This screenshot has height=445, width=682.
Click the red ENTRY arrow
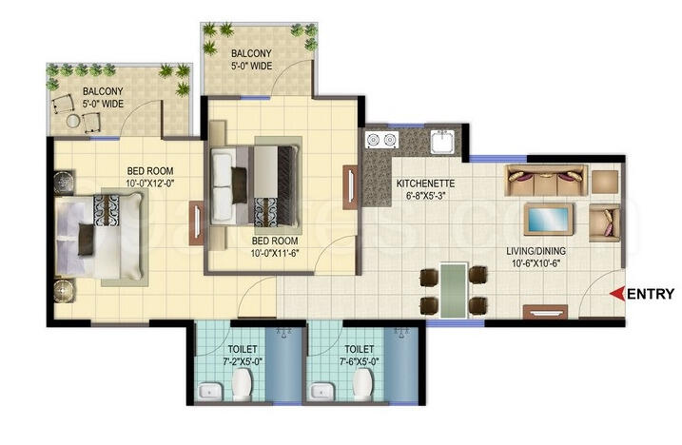[x=616, y=294]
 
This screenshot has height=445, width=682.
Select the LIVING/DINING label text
[x=537, y=251]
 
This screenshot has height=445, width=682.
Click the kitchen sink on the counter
[x=441, y=143]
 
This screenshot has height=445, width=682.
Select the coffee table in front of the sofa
[x=548, y=218]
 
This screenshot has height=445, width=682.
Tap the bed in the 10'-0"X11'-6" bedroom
[x=257, y=180]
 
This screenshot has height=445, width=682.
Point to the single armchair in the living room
[x=603, y=221]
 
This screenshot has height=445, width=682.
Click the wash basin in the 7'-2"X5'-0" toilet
[x=209, y=391]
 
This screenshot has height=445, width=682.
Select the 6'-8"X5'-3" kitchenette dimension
[x=425, y=196]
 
